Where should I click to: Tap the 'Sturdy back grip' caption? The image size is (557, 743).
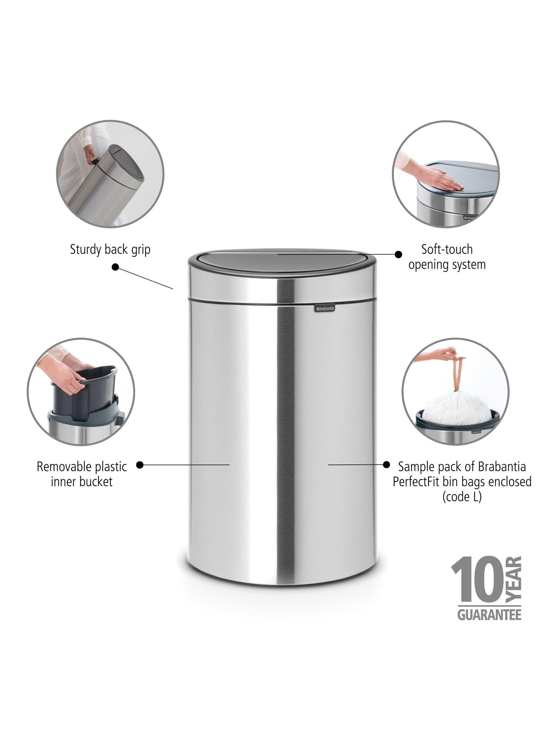pos(110,250)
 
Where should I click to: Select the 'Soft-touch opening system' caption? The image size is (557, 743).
pos(447,257)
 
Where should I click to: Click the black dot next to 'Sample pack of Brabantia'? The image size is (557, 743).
pos(386,465)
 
